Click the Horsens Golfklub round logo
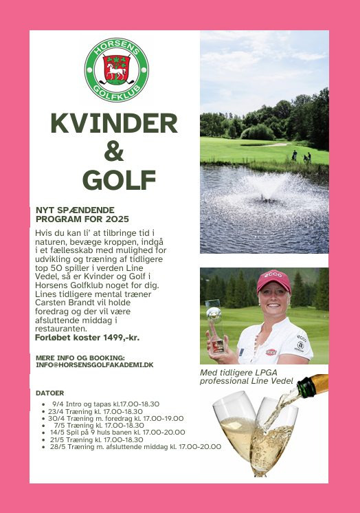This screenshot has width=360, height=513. point(116,70)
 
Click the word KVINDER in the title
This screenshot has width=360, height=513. point(114,124)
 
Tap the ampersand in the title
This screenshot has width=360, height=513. point(114,152)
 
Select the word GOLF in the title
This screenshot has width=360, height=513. point(114,180)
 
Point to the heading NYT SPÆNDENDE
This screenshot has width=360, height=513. point(75,210)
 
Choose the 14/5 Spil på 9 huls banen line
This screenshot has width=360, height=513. point(117,432)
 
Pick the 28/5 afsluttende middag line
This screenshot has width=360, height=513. point(135,446)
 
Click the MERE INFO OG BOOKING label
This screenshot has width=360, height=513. point(80,358)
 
